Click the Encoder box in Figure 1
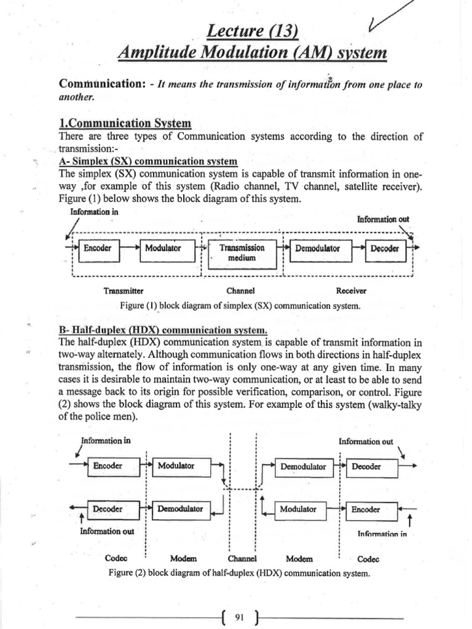point(98,248)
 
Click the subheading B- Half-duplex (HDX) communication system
point(163,329)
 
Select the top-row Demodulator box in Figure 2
point(303,467)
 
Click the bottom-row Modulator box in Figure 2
point(298,509)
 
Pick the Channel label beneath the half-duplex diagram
point(242,559)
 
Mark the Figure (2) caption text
point(239,573)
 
